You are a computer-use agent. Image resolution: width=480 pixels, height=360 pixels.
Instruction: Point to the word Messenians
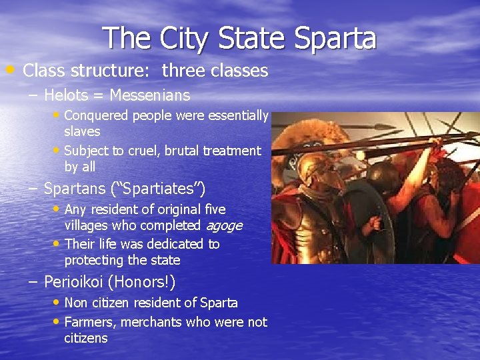click(150, 95)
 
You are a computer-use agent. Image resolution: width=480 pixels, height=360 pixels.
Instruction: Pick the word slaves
click(82, 132)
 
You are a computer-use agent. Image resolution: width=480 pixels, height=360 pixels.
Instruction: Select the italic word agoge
click(223, 226)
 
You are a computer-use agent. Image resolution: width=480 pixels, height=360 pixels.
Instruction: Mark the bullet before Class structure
click(12, 69)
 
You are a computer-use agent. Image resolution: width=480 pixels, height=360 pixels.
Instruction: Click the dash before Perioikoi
click(33, 282)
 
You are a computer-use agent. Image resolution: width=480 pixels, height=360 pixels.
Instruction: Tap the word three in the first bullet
click(181, 70)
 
